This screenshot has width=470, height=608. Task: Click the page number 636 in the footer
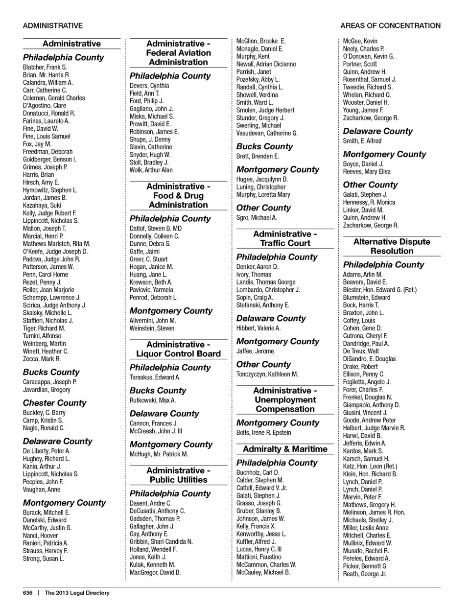pyautogui.click(x=27, y=593)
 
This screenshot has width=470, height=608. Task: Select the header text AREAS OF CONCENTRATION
pyautogui.click(x=390, y=25)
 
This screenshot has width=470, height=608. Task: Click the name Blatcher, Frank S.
pyautogui.click(x=45, y=67)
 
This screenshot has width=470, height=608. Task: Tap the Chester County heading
pyautogui.click(x=54, y=403)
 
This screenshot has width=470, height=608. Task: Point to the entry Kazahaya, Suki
pyautogui.click(x=42, y=206)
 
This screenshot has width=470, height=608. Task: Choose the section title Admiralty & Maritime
pyautogui.click(x=285, y=449)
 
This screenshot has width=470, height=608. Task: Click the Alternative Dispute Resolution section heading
pyautogui.click(x=392, y=246)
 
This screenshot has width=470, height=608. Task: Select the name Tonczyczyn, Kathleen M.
pyautogui.click(x=267, y=374)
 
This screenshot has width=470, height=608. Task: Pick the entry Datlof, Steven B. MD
pyautogui.click(x=155, y=228)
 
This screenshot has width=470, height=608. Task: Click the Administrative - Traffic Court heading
pyautogui.click(x=285, y=238)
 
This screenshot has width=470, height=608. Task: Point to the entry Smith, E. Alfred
pyautogui.click(x=362, y=141)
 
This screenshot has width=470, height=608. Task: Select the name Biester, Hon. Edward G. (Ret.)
pyautogui.click(x=379, y=290)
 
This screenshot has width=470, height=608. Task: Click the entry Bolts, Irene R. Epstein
pyautogui.click(x=263, y=433)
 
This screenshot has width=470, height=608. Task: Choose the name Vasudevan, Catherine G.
pyautogui.click(x=267, y=133)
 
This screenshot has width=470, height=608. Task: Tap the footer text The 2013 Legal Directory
pyautogui.click(x=77, y=593)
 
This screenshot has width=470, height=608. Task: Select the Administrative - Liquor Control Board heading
pyautogui.click(x=178, y=349)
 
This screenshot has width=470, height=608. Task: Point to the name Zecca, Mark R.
pyautogui.click(x=42, y=359)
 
